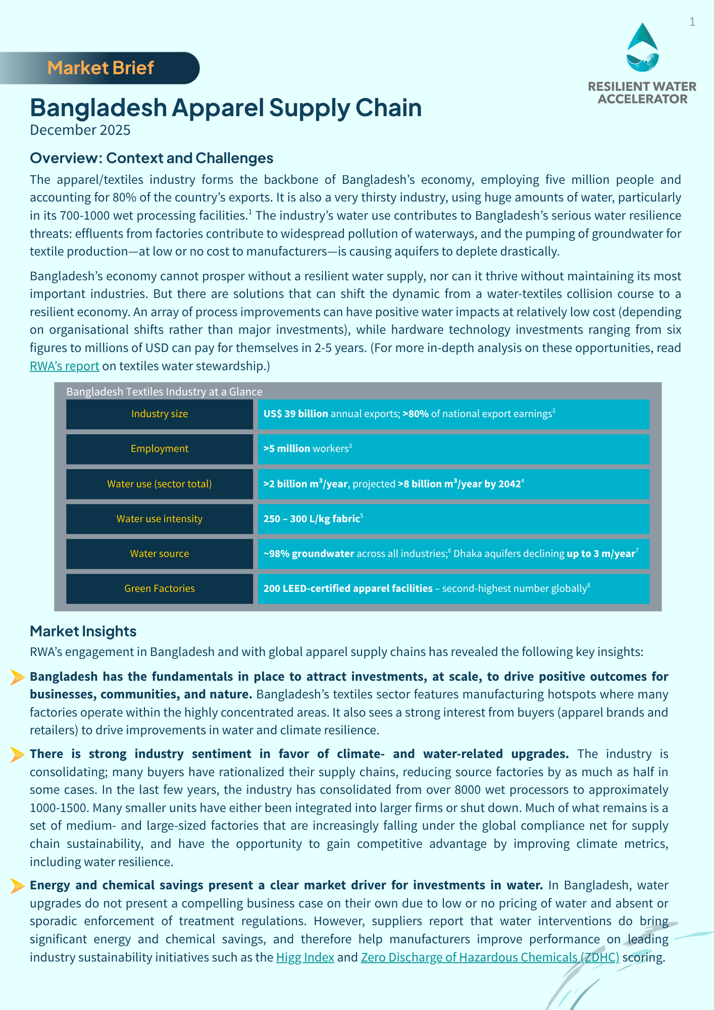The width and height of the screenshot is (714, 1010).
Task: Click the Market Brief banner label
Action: tap(100, 68)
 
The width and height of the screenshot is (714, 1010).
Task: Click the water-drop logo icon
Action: tap(642, 48)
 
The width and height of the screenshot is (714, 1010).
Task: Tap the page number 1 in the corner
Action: tap(692, 22)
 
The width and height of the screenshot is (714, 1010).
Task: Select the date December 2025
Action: tap(80, 130)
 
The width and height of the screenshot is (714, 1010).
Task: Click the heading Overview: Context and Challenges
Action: tap(151, 158)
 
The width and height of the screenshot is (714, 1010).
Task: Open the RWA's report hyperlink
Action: tap(64, 366)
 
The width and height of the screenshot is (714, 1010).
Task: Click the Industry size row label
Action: tap(160, 414)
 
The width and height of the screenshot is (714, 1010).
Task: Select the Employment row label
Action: tap(160, 449)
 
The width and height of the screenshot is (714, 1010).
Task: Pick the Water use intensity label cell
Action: tap(160, 519)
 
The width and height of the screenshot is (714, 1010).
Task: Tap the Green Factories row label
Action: tap(160, 588)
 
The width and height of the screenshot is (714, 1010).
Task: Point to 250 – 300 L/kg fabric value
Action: tap(312, 519)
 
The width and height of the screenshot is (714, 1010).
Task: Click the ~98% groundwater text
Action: tap(309, 554)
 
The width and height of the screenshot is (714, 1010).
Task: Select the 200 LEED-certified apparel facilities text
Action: tap(348, 589)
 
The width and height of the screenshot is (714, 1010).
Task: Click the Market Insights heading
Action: tap(83, 631)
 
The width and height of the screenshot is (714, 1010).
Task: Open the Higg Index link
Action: tap(305, 957)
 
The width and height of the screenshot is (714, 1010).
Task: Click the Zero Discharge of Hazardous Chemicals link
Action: tap(490, 957)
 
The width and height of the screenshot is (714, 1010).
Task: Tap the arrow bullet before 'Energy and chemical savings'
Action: tap(17, 886)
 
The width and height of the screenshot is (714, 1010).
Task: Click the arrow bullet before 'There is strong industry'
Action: tap(17, 754)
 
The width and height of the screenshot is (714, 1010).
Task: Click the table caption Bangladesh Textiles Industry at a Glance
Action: tap(164, 392)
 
